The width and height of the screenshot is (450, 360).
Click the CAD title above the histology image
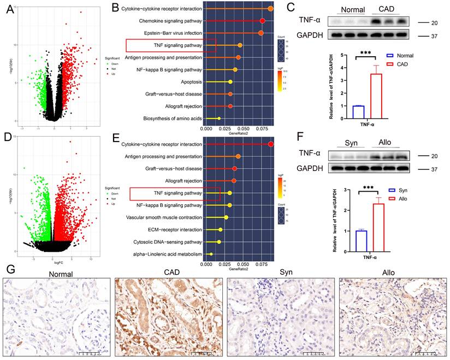168,273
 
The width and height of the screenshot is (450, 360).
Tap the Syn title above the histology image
280,273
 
